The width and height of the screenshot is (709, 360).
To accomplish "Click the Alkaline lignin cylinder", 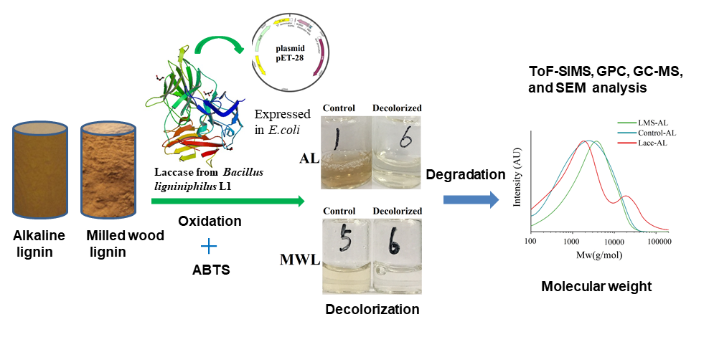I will (x=42, y=169).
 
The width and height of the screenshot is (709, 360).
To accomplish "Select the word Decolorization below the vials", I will (x=372, y=310).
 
